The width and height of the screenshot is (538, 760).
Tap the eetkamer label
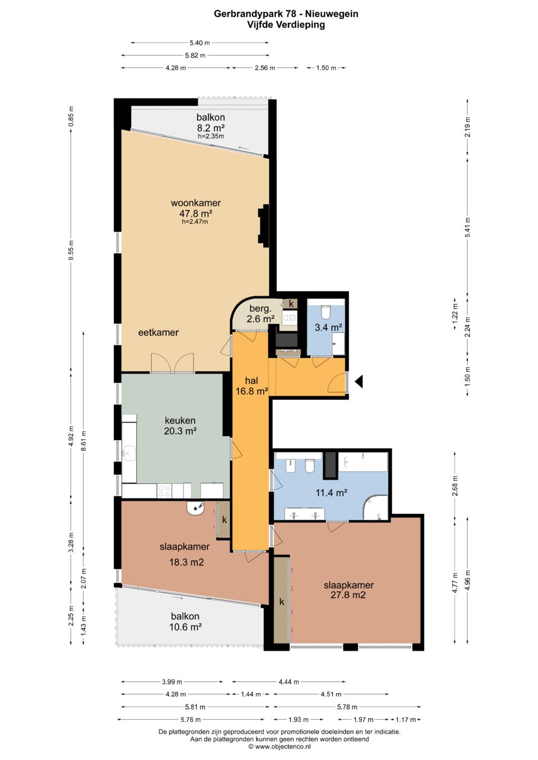click(x=158, y=332)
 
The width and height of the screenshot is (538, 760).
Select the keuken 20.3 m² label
click(x=180, y=426)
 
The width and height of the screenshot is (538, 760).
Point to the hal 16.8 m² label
click(x=252, y=386)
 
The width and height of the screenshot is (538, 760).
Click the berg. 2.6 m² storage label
click(x=260, y=314)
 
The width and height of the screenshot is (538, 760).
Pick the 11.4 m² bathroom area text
click(x=331, y=492)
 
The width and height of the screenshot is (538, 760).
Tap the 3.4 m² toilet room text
click(x=328, y=327)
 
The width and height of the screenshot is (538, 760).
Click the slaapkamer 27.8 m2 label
click(x=349, y=590)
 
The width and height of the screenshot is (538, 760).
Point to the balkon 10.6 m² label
click(x=185, y=621)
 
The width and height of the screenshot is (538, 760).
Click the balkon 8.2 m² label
click(x=211, y=125)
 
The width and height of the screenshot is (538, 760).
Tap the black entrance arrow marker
click(x=359, y=382)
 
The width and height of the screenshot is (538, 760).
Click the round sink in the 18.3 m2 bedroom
click(x=196, y=508)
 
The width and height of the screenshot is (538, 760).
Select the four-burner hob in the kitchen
click(x=164, y=491)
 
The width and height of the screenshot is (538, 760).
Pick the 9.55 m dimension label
click(x=71, y=250)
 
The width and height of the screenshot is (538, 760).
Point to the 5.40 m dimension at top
click(x=199, y=43)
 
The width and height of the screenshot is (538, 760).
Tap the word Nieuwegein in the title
click(x=331, y=14)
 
